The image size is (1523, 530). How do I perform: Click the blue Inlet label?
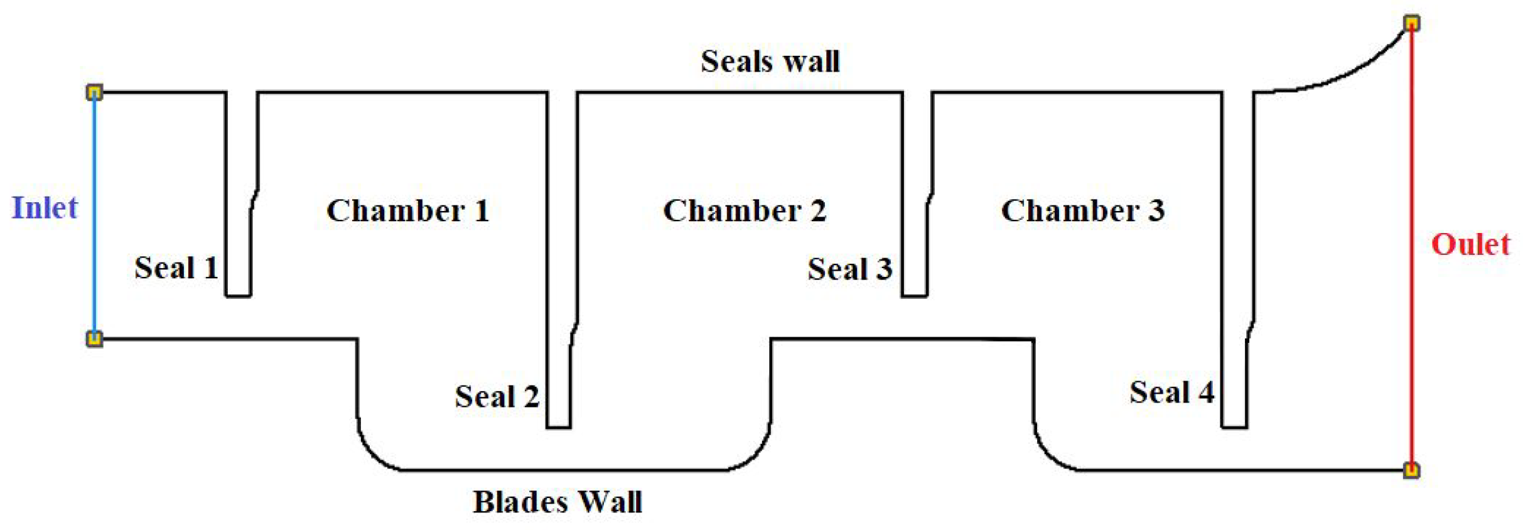coord(45,208)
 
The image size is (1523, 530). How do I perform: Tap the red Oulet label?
coord(1470,244)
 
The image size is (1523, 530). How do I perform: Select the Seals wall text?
coord(770,62)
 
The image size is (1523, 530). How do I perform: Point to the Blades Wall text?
coord(557,502)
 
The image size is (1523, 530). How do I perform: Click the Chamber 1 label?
coord(408,210)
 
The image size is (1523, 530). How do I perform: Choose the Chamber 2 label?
coord(745,210)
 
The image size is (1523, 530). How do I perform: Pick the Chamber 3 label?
coord(1083,210)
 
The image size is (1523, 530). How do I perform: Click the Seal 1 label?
coord(176,268)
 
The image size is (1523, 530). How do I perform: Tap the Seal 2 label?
coord(497,397)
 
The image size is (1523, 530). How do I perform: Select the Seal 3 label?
coord(850,269)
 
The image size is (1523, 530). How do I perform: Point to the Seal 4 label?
coord(1172,392)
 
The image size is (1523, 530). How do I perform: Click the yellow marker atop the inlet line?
coord(94,93)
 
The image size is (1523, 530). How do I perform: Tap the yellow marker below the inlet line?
coord(94,339)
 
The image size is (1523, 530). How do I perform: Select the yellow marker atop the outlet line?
coord(1412,24)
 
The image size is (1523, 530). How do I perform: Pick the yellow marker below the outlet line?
coord(1411,470)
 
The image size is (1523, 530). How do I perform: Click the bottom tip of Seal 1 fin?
coord(239,295)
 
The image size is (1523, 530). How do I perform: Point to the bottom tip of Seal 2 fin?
coord(559,427)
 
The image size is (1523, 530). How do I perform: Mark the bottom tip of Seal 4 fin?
coord(1234,427)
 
